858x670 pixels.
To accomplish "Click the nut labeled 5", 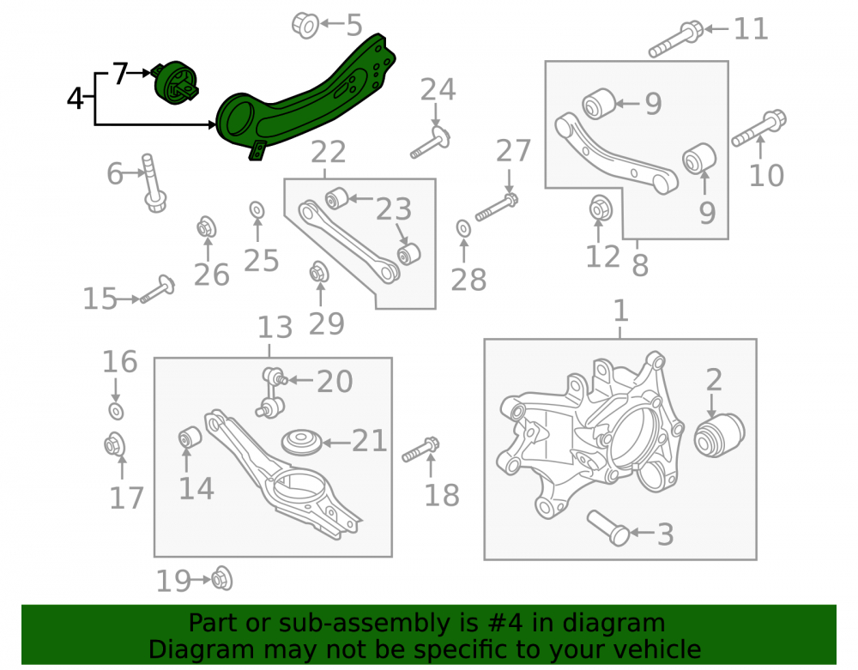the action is coord(305,25).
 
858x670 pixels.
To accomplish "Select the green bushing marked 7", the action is coord(176,81).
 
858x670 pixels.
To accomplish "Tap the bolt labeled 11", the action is coord(676,39).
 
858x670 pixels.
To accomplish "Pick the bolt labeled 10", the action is coord(759,129).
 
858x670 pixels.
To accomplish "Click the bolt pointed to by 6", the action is coord(153,184).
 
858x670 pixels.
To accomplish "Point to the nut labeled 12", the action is coord(601,208).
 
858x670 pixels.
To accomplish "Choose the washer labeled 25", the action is coord(257,209).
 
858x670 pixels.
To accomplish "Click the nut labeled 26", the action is coord(206,227).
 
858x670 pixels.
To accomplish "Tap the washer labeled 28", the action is coord(463,228).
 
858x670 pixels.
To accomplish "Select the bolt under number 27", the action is coord(496,208).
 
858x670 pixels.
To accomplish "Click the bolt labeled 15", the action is coord(158,289).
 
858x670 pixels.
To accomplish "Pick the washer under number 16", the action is coord(116,411).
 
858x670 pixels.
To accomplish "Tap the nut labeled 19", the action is coord(221,579).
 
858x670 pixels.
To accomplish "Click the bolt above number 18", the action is coord(420,449).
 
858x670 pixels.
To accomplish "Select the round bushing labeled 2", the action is coord(719,435).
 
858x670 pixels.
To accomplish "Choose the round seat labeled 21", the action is coord(301,442).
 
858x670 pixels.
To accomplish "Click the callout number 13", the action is coord(275,328).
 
